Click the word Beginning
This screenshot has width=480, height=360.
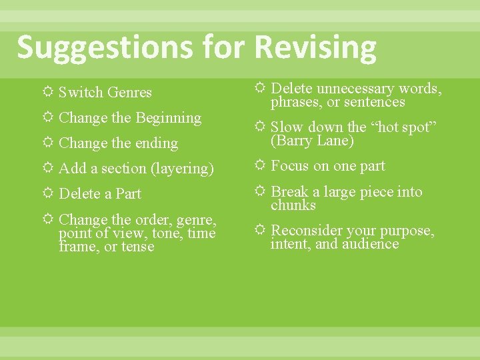168,118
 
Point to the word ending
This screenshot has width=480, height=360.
155,143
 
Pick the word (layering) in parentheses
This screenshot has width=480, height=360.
182,169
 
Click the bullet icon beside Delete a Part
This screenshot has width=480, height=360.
47,193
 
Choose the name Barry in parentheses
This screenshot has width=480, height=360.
294,141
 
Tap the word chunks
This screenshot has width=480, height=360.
293,205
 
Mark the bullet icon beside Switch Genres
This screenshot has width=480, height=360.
47,92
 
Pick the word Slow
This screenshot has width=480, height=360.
287,127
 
